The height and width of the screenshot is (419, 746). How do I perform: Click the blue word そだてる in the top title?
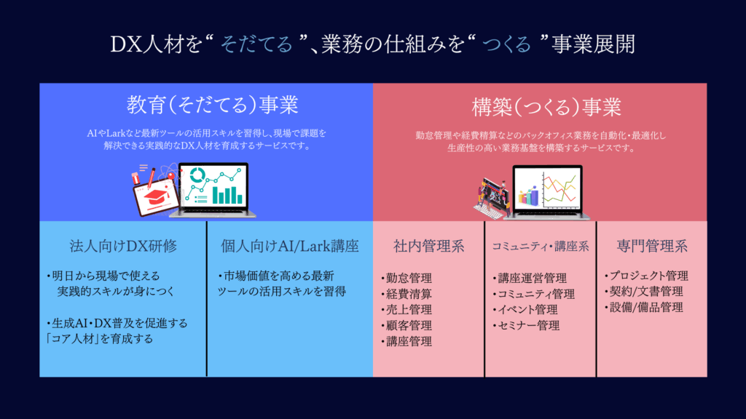[x=256, y=44]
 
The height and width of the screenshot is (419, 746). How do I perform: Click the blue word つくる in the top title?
[x=507, y=44]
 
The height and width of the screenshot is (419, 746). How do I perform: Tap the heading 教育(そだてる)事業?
[x=212, y=105]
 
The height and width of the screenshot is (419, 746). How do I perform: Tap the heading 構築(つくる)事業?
[x=546, y=107]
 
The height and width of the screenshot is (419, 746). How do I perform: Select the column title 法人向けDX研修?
[x=123, y=246]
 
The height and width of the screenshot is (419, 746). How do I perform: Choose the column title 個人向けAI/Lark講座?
[x=289, y=246]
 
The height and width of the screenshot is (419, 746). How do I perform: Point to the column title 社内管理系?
[x=428, y=246]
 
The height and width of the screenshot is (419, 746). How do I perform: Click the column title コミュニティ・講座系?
[x=540, y=246]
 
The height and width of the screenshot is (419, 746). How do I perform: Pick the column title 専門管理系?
[x=652, y=246]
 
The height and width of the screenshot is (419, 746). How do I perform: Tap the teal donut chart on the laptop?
[x=197, y=175]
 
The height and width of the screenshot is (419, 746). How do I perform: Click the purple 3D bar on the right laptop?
[x=534, y=195]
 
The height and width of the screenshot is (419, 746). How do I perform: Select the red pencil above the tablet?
[x=152, y=177]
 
